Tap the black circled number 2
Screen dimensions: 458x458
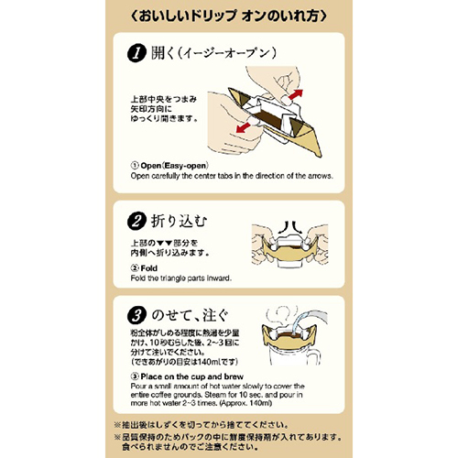(x=136, y=222)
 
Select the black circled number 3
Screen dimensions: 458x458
(x=136, y=316)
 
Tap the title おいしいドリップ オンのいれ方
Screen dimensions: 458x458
(x=228, y=16)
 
